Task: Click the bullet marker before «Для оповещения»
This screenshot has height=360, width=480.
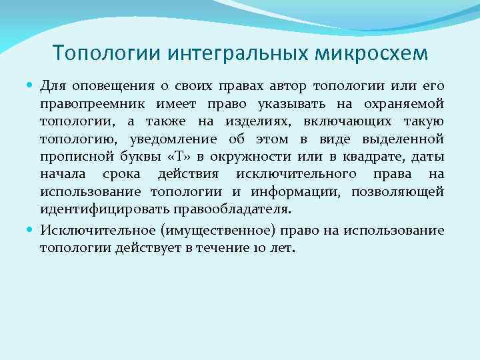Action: pyautogui.click(x=31, y=87)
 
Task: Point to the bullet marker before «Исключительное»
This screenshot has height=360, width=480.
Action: pyautogui.click(x=31, y=230)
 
